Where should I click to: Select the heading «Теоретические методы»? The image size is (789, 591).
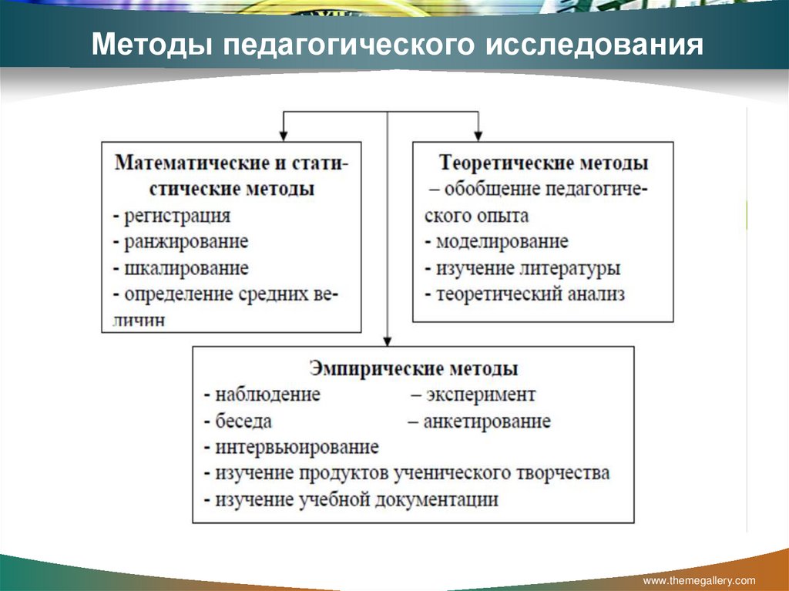(x=543, y=163)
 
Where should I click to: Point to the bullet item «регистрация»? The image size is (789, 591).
(x=176, y=216)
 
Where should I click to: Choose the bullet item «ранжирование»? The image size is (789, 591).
(x=186, y=242)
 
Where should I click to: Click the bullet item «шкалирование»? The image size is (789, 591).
(x=186, y=268)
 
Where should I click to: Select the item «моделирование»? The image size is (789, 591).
(x=502, y=242)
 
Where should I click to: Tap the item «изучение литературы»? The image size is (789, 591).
(x=528, y=268)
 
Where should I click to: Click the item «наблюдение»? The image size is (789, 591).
(x=267, y=395)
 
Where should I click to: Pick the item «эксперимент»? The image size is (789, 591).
(x=478, y=395)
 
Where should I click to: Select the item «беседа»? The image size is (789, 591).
(x=244, y=421)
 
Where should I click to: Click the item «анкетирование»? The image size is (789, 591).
(x=486, y=421)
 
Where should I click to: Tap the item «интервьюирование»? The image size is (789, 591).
(x=297, y=447)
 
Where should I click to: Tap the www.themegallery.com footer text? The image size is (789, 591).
(x=699, y=580)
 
